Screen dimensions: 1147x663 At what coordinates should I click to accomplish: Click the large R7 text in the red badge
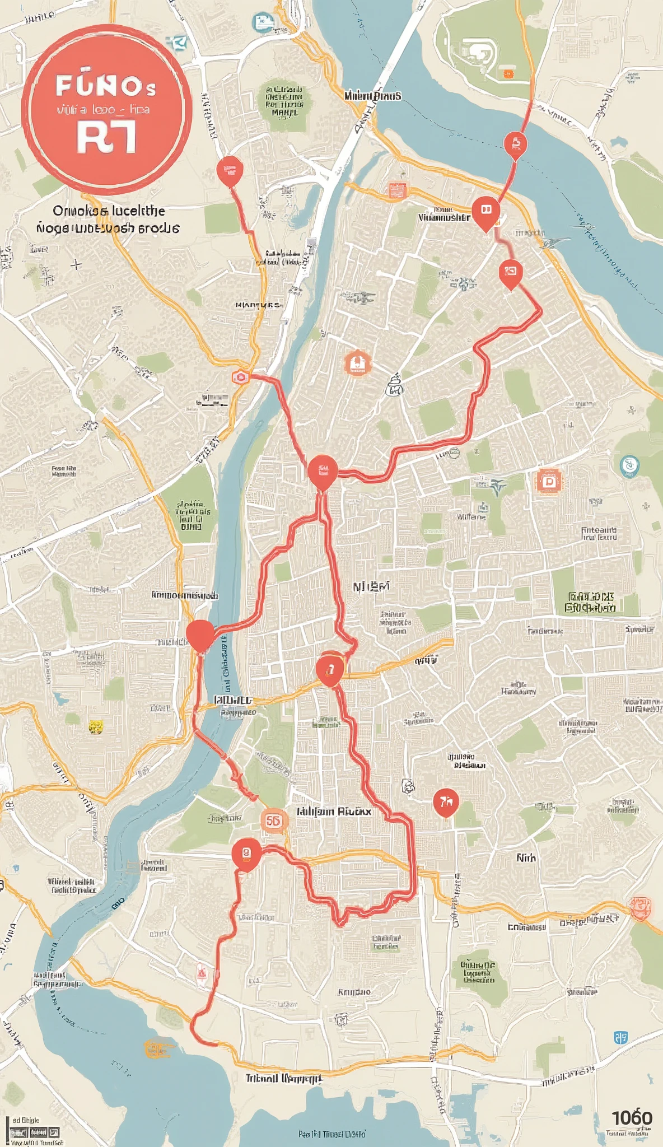106,138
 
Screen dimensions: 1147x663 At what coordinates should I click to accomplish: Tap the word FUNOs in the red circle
106,86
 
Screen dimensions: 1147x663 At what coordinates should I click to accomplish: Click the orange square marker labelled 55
273,821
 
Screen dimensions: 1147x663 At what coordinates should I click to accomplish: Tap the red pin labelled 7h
446,802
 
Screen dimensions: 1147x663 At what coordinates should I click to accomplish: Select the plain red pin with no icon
200,635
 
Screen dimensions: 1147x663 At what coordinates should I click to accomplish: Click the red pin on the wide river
515,144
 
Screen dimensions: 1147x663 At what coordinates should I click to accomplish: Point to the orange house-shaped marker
357,363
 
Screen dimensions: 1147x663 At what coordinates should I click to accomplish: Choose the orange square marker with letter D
549,482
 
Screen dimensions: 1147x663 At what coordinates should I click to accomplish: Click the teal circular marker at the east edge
630,465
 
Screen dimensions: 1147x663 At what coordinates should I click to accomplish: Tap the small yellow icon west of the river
96,727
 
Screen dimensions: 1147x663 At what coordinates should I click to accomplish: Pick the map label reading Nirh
526,858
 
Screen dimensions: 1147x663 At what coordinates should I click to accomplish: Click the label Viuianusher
444,217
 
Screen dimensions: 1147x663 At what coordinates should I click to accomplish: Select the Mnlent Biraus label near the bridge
372,96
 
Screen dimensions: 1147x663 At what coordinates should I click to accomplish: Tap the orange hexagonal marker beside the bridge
240,377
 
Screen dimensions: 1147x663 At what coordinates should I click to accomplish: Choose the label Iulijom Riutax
334,811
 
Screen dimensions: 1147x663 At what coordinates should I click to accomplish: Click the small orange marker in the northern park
507,73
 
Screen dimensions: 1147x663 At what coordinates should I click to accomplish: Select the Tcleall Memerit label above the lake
283,1078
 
